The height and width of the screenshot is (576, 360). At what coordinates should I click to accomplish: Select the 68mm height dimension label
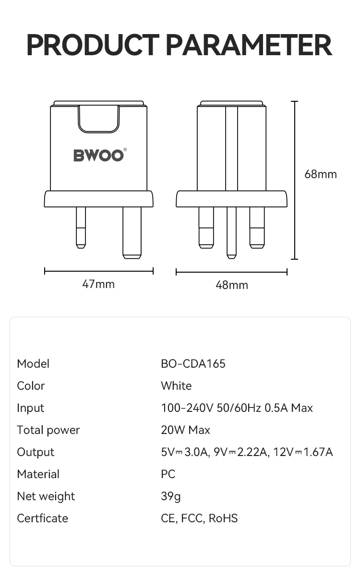click(321, 174)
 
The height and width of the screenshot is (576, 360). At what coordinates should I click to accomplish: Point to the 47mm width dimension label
click(98, 284)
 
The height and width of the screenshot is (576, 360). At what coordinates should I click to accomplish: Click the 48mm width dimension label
click(232, 285)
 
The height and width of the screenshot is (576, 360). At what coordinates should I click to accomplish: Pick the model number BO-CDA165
click(193, 364)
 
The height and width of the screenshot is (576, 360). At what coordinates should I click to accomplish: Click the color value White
click(176, 386)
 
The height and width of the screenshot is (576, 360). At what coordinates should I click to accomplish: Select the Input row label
click(30, 408)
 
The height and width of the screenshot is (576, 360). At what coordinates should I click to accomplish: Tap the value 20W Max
click(185, 430)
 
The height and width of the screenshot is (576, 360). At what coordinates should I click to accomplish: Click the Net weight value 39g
click(171, 496)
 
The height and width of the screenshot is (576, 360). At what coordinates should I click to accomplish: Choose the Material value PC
click(168, 474)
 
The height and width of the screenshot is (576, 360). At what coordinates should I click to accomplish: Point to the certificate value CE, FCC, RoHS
click(199, 518)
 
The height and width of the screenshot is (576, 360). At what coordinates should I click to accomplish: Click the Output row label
click(36, 452)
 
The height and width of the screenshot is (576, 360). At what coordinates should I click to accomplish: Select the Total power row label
click(48, 430)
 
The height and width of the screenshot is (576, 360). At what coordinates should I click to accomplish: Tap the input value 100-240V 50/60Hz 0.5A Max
click(237, 408)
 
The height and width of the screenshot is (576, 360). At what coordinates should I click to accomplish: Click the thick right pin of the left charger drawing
click(132, 232)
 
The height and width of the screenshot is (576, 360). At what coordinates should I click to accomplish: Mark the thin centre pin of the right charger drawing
click(232, 232)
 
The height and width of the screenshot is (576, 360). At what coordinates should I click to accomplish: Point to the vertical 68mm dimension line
click(295, 180)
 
